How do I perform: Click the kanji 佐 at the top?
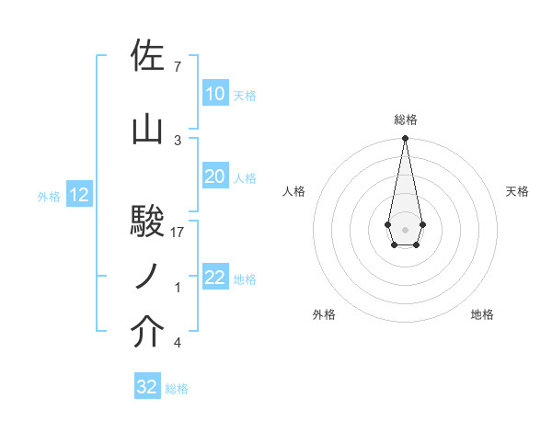tap(148, 57)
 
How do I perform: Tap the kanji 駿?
tap(148, 222)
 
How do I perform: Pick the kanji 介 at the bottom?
tap(148, 333)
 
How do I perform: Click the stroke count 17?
tap(178, 232)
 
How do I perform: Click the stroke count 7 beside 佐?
tap(178, 66)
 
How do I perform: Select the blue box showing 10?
tap(214, 94)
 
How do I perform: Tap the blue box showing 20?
tap(214, 176)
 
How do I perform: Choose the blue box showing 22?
tap(214, 278)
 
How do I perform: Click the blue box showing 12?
tap(78, 195)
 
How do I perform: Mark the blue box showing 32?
tap(147, 387)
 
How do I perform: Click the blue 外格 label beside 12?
tap(49, 196)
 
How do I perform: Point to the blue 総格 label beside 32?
tap(177, 389)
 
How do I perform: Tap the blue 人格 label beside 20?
tap(245, 177)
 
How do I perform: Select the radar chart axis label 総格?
tap(405, 119)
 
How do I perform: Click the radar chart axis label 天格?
tap(517, 191)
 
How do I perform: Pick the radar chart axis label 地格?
tap(482, 314)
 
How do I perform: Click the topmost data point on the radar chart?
tap(405, 139)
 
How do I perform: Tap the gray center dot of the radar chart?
tap(405, 228)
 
